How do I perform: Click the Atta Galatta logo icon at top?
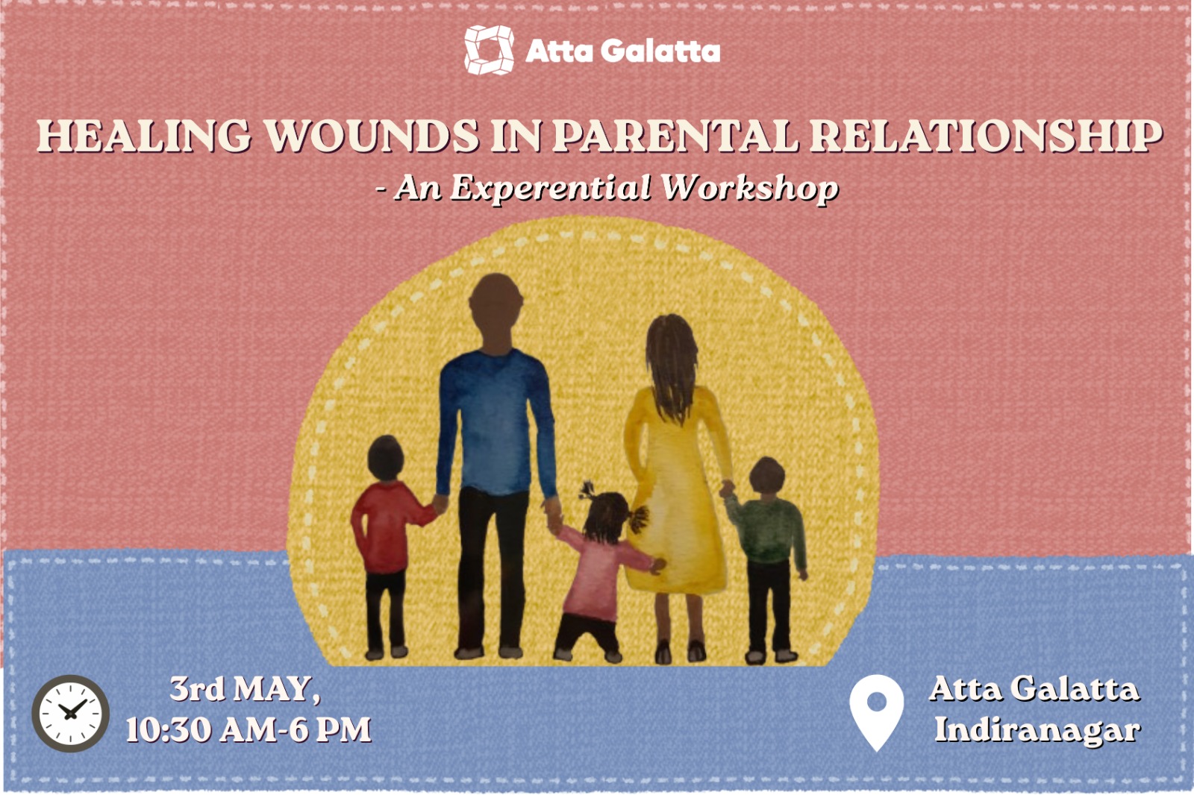(x=489, y=50)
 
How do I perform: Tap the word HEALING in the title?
(x=143, y=136)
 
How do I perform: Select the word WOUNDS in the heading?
(x=372, y=136)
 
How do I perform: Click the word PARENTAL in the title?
(x=675, y=136)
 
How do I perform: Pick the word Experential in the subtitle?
(x=551, y=188)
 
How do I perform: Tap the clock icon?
(x=70, y=714)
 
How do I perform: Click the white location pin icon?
(x=876, y=712)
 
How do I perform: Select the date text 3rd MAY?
(x=245, y=688)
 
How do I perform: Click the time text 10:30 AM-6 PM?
(x=249, y=729)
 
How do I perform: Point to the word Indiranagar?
(x=1037, y=729)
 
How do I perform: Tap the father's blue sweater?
(x=496, y=421)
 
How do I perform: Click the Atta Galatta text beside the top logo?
(x=622, y=51)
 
